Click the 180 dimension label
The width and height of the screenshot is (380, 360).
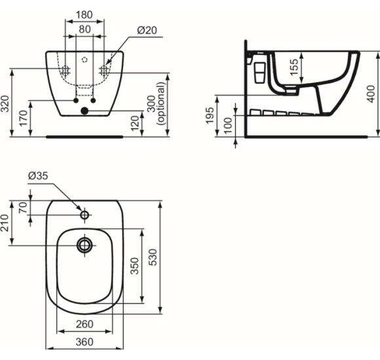pos(85,15)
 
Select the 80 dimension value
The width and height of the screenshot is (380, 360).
pos(85,29)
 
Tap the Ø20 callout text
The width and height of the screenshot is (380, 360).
pos(147,30)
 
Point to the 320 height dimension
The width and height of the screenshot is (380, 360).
pos(5,104)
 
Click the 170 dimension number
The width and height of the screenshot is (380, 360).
pos(24,118)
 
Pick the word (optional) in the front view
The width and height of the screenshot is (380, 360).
pos(161,103)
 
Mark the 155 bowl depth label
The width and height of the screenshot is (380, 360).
pos(294,67)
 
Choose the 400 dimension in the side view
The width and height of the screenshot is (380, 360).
pos(371,94)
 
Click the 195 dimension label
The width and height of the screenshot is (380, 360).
pos(210,115)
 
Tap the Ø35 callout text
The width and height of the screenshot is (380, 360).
pos(38,176)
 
